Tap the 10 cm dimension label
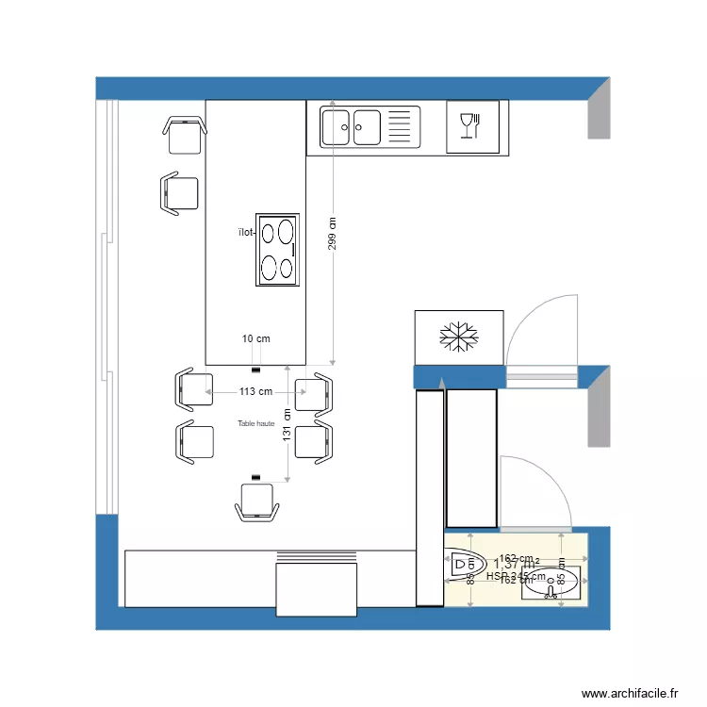coord(255,338)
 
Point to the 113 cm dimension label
coord(255,391)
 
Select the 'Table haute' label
coord(255,424)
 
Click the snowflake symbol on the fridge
coord(459,337)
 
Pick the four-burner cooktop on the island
coord(278,249)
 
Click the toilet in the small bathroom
coord(463,565)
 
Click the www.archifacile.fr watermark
coord(630,693)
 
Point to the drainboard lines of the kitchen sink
coord(402,127)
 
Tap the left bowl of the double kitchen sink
coord(336,127)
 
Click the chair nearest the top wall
coord(185,135)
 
